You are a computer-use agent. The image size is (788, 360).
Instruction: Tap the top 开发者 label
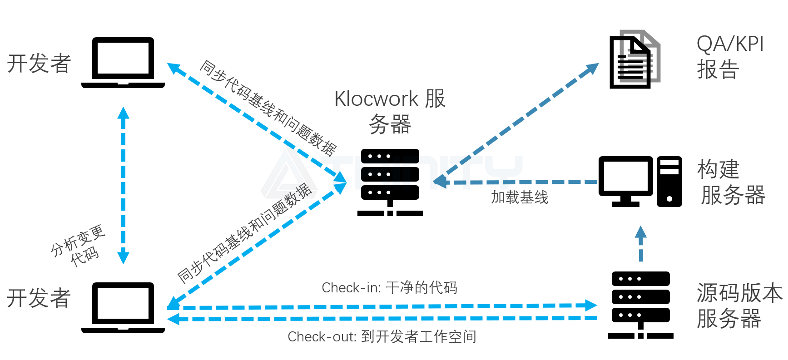click(x=39, y=63)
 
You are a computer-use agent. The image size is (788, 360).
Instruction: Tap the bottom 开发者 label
click(x=39, y=298)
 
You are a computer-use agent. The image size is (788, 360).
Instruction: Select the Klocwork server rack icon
click(x=390, y=182)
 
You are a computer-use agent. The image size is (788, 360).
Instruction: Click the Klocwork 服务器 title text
click(x=390, y=111)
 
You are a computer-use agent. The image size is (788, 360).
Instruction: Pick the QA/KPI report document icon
click(x=633, y=59)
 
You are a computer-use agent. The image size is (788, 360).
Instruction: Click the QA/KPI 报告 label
click(x=729, y=57)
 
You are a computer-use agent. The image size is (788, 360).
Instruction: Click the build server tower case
click(x=669, y=182)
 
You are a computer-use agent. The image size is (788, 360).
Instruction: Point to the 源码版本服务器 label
click(x=738, y=305)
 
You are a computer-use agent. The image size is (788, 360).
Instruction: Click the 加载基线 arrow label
click(x=520, y=197)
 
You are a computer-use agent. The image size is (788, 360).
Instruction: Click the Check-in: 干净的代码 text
click(x=389, y=287)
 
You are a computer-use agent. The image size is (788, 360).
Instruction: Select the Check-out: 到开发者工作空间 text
click(x=382, y=336)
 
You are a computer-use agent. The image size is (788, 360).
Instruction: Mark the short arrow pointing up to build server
click(x=640, y=243)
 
